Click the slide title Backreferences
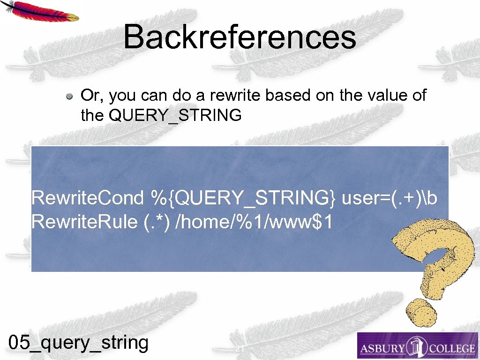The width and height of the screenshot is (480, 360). [x=240, y=37]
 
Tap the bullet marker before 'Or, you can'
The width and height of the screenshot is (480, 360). [x=69, y=97]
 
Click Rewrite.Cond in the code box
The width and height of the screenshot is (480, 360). [x=87, y=198]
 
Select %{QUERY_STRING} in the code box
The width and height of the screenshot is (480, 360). [x=243, y=199]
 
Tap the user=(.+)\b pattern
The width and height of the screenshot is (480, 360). [x=390, y=198]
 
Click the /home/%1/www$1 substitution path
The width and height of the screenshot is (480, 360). [x=253, y=222]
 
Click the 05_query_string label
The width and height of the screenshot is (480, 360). [x=79, y=343]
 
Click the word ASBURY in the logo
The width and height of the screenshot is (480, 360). [x=382, y=348]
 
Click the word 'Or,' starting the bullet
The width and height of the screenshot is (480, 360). [x=92, y=96]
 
